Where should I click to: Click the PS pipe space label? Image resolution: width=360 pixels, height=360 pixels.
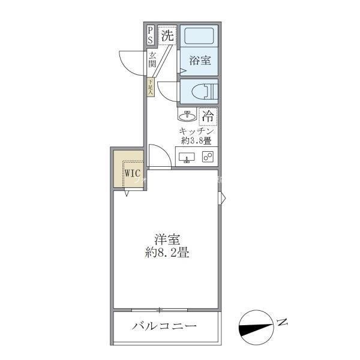(x=150, y=35)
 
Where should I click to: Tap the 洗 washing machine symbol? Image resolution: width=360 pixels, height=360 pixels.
(x=168, y=35)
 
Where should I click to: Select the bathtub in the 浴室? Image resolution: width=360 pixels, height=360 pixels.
(x=200, y=36)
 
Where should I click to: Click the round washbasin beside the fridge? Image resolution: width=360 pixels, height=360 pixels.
(x=186, y=115)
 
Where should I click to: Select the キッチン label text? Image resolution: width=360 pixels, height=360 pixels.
(x=196, y=131)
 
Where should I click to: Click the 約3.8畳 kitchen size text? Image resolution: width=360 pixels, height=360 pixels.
(x=196, y=142)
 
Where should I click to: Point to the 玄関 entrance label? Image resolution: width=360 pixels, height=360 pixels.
(x=152, y=60)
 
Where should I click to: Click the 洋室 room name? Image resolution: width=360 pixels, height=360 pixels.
(x=167, y=239)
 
